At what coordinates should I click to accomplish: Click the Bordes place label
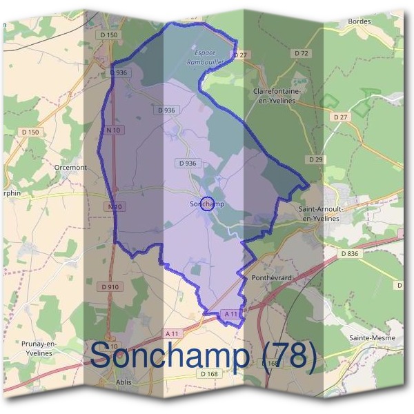(x=360, y=21)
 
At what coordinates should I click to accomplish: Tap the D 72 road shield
(x=300, y=53)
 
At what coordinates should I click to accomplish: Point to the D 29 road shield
(x=316, y=159)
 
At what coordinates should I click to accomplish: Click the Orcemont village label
(x=70, y=167)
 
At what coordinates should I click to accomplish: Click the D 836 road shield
(x=350, y=254)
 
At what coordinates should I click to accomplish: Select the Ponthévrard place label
(x=265, y=277)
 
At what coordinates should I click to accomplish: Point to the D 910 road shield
(x=110, y=286)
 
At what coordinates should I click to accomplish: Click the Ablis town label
(x=124, y=382)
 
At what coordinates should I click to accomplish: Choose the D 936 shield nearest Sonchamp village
(x=187, y=164)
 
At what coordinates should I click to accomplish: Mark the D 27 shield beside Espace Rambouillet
(x=240, y=55)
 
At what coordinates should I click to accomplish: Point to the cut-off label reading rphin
(x=11, y=194)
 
